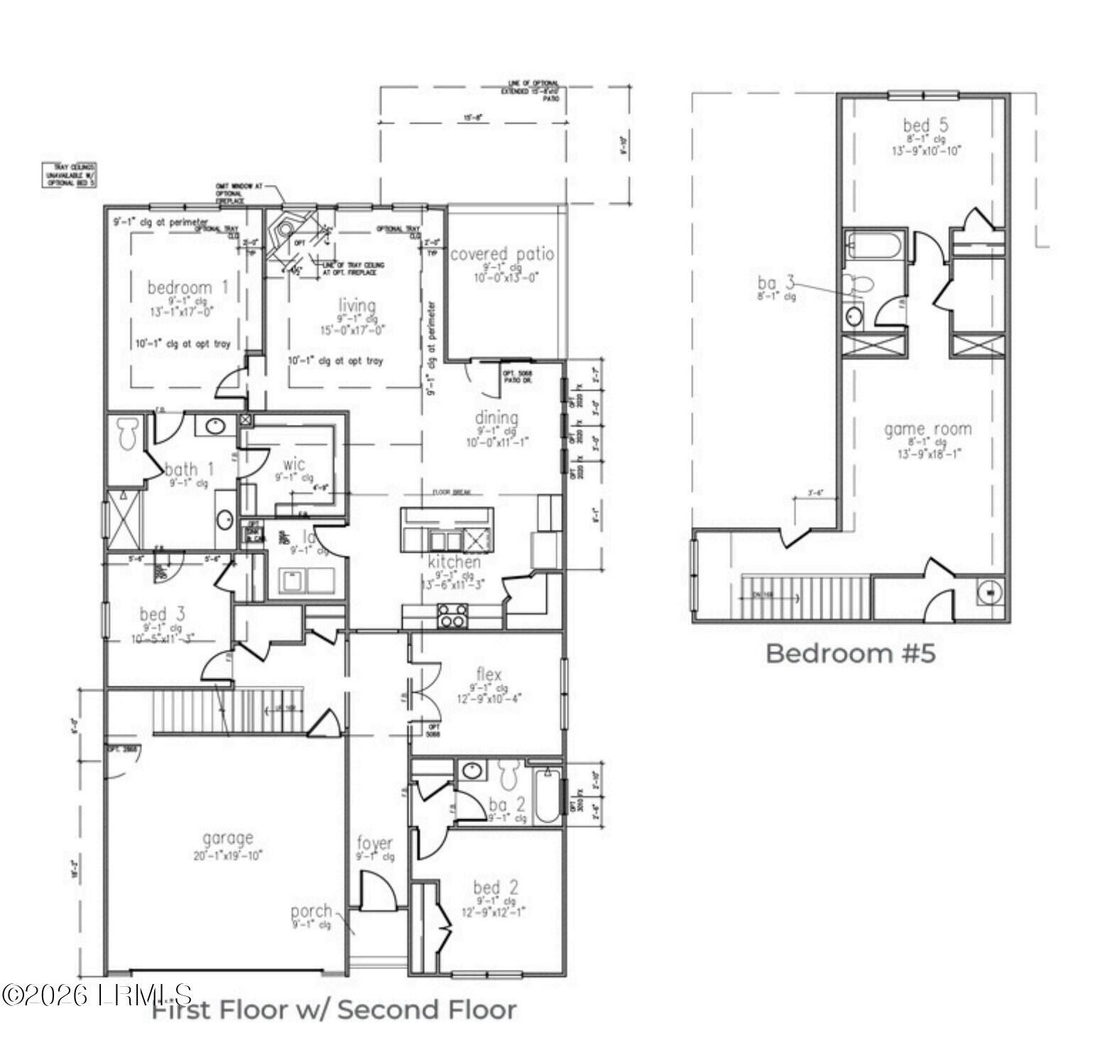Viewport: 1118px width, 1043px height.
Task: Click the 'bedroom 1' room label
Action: [188, 287]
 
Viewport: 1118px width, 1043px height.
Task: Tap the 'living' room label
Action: [357, 306]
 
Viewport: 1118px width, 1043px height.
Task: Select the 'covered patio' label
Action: [502, 254]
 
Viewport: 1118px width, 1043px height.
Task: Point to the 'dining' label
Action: [496, 418]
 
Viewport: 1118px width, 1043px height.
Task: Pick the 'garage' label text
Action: [227, 838]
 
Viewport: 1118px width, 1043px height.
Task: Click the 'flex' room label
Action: [489, 674]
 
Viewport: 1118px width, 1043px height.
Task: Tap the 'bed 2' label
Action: [496, 887]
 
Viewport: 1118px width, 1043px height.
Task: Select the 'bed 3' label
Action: [163, 613]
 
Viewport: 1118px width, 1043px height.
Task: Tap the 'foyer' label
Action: [374, 843]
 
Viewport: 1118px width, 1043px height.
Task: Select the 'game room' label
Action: [928, 429]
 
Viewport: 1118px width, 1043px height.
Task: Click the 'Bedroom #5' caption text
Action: [850, 653]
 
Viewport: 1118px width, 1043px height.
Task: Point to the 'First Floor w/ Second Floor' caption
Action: [335, 1010]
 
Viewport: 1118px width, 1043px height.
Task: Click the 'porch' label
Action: [311, 910]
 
